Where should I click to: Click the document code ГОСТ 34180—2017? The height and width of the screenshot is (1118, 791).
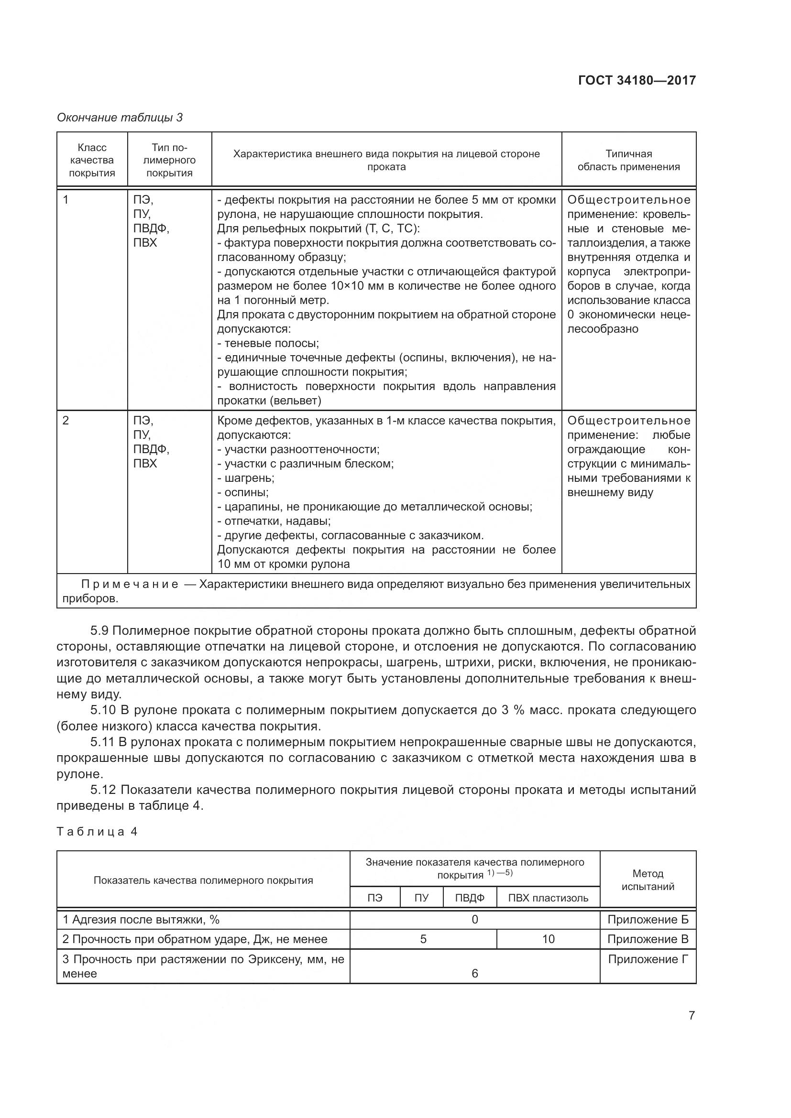point(637,80)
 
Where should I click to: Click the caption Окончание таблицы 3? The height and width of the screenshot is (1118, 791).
point(120,118)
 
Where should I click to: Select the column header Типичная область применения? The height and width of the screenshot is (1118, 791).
point(628,160)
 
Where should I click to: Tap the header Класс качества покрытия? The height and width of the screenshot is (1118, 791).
point(91,160)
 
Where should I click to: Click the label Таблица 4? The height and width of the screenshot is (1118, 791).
point(97,832)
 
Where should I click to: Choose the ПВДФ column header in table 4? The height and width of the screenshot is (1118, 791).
point(470,898)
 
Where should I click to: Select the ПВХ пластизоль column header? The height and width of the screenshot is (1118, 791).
point(548,898)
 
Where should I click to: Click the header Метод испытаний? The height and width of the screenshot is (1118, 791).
point(648,880)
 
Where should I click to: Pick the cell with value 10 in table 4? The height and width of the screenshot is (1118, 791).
point(548,939)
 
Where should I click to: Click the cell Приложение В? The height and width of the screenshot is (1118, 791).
point(648,939)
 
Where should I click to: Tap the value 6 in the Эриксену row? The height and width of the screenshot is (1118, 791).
point(474,973)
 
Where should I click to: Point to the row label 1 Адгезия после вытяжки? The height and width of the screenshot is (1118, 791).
point(141,920)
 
